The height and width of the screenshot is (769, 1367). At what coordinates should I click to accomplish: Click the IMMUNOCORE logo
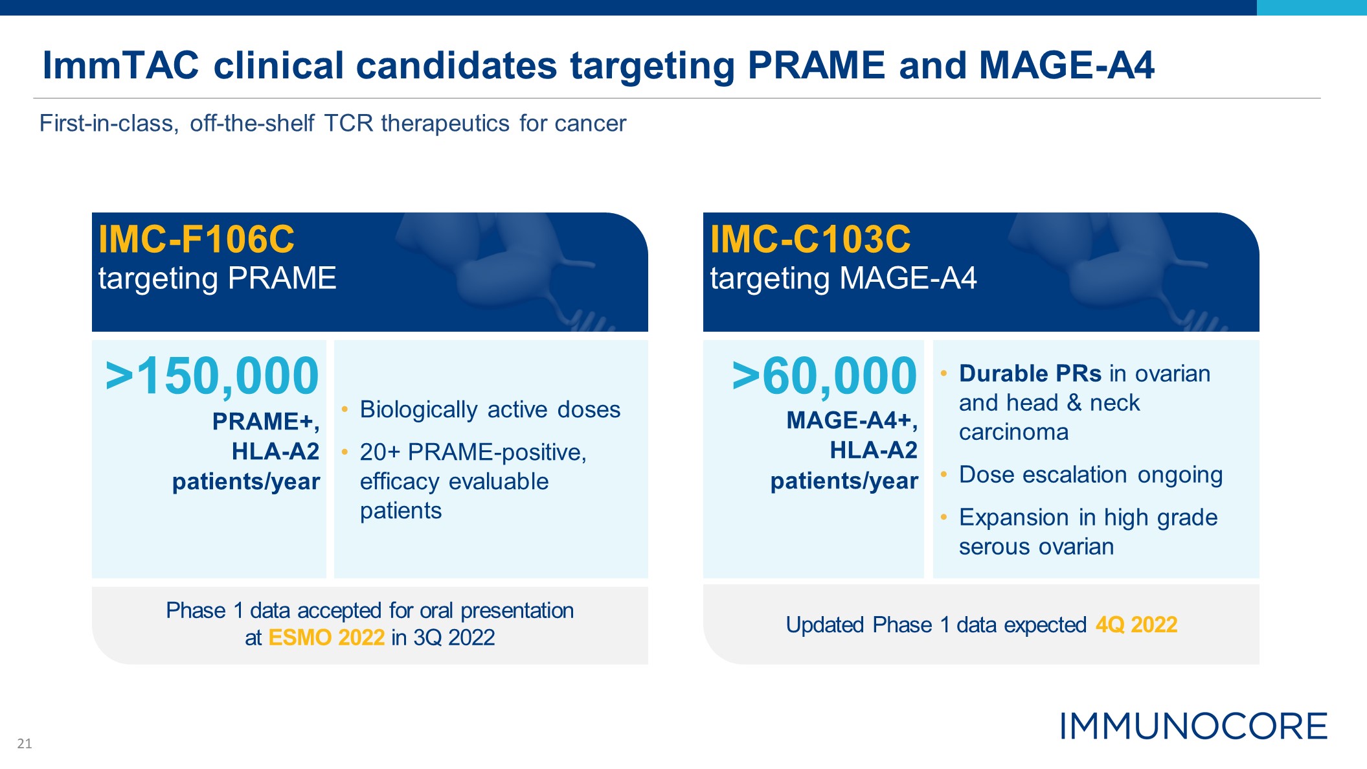[x=1193, y=726]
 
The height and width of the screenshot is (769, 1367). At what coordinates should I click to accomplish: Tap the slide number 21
[x=25, y=744]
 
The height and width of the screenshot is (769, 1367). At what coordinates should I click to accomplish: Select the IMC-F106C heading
[x=196, y=239]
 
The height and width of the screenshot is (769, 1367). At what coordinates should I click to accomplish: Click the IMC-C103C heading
[x=810, y=239]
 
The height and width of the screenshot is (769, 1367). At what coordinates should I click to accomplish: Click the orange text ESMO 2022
[x=326, y=637]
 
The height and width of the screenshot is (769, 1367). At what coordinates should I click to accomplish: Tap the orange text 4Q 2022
[x=1136, y=625]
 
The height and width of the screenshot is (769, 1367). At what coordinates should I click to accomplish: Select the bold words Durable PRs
[x=1030, y=374]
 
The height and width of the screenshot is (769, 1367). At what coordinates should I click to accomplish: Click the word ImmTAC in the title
[x=121, y=65]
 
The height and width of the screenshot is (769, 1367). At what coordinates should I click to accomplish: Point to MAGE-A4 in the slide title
[x=1067, y=65]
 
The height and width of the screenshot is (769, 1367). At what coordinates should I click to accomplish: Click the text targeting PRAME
[x=217, y=279]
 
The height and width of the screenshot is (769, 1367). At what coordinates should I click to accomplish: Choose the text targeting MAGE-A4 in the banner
[x=843, y=279]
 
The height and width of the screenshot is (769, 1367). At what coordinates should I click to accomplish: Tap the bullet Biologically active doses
[x=490, y=409]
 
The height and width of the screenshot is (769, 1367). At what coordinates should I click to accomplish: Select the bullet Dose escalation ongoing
[x=1091, y=475]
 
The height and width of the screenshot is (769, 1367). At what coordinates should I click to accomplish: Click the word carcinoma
[x=1014, y=432]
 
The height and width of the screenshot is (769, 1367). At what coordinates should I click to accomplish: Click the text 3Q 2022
[x=454, y=637]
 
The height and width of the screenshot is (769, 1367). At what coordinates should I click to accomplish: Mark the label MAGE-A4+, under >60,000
[x=852, y=420]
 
